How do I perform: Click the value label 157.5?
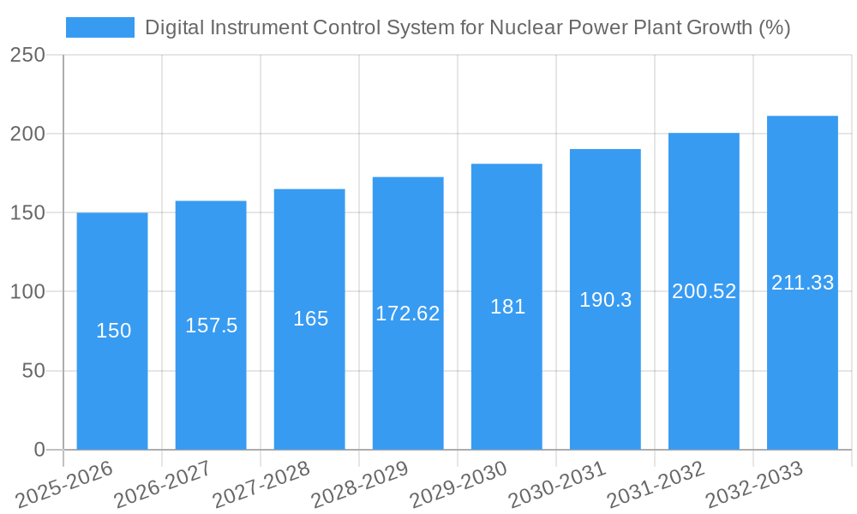[211, 326]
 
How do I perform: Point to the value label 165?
[310, 319]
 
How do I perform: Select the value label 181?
[507, 307]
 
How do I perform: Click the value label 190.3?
[605, 300]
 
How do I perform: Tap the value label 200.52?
[704, 291]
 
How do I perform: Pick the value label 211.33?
[802, 283]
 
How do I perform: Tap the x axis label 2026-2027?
[162, 484]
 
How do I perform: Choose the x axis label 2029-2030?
[458, 484]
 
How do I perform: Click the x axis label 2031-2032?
[655, 484]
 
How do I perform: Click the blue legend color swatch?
[100, 27]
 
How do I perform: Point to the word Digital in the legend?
[171, 27]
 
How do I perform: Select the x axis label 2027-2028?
[261, 484]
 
